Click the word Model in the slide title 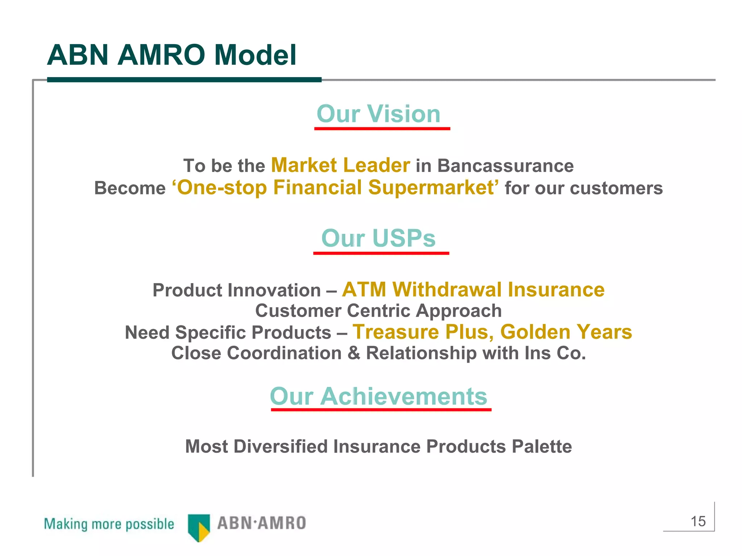point(255,55)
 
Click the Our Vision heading point(378,114)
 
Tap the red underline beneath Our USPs point(381,253)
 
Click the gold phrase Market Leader point(340,165)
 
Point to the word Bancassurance point(505,166)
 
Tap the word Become point(130,188)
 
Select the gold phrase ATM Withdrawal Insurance point(473,290)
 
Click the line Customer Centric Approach point(378,311)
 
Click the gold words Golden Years point(566,332)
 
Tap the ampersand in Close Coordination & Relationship point(354,353)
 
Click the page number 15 point(698,522)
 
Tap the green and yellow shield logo point(199,527)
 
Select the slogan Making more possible point(109,524)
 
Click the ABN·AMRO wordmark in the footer point(262,523)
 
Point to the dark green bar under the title point(184,80)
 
